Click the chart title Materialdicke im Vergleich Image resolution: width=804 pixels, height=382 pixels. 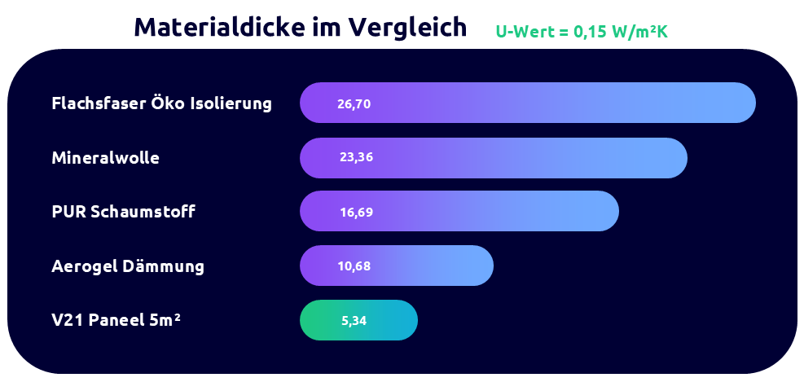[x=300, y=27]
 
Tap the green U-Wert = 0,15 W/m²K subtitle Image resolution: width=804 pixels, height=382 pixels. [x=582, y=32]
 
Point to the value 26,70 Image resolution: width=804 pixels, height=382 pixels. [x=354, y=103]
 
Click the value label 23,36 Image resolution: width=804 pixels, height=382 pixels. [x=356, y=157]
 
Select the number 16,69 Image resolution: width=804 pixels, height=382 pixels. [x=356, y=212]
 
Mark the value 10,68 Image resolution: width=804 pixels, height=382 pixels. [x=354, y=266]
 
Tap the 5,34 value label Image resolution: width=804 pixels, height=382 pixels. [x=354, y=320]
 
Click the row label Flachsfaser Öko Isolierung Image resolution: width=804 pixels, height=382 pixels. [x=161, y=103]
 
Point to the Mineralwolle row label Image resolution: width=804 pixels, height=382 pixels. [x=105, y=158]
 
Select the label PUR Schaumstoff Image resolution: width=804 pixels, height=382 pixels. [x=123, y=212]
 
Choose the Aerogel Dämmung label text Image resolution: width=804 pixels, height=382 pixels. [x=128, y=266]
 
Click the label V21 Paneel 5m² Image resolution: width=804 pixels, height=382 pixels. [x=116, y=320]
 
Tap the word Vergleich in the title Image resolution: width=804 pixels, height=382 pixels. [x=407, y=27]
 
